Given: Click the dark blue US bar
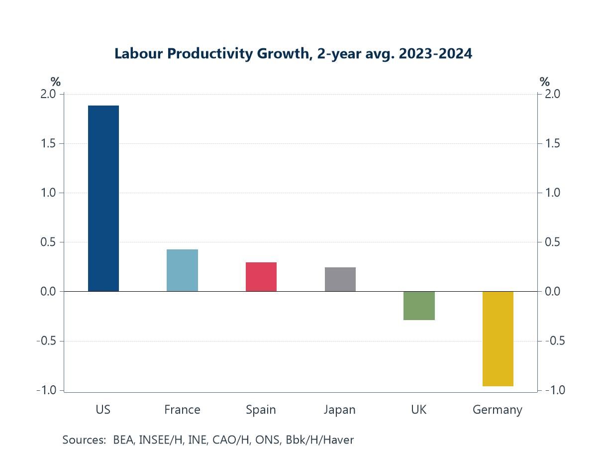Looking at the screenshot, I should (103, 198).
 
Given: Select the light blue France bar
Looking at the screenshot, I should (182, 270).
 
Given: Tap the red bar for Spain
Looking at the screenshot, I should (261, 277).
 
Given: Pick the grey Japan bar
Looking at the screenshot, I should (340, 279).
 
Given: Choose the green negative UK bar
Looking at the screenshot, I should (419, 306).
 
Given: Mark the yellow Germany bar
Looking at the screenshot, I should (498, 338).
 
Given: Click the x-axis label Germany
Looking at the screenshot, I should (498, 410).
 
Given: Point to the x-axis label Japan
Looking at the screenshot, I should (340, 410).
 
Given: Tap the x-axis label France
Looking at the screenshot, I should (182, 410).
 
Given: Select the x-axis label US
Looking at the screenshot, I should (103, 410).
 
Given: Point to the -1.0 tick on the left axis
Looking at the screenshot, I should (47, 390).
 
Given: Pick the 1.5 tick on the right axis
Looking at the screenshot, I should (552, 143).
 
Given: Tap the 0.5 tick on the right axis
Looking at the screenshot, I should (552, 242).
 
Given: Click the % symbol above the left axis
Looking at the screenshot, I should (55, 82).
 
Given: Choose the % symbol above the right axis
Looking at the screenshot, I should (545, 82).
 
